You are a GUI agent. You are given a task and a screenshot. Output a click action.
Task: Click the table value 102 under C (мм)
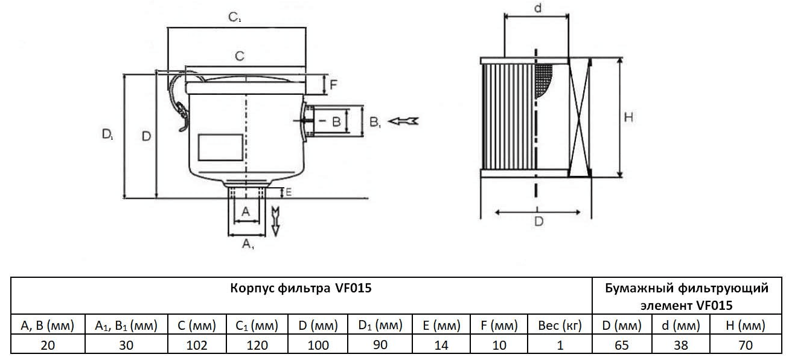click(197, 346)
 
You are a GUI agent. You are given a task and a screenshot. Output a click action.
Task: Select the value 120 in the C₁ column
click(257, 346)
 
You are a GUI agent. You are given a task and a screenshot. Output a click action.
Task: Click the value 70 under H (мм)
click(746, 346)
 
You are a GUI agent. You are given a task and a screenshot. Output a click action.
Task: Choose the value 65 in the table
click(622, 346)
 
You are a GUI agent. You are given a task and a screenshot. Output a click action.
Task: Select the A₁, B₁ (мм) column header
click(126, 326)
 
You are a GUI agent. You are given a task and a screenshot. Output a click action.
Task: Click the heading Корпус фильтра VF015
click(301, 289)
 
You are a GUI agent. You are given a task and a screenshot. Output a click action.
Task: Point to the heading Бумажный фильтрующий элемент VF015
click(687, 297)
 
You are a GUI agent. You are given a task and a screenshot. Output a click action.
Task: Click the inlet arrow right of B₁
click(403, 121)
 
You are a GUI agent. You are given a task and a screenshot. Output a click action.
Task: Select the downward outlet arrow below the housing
click(276, 220)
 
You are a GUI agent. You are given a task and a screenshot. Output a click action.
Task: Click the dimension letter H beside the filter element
click(628, 118)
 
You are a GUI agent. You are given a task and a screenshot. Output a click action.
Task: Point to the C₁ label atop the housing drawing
click(235, 18)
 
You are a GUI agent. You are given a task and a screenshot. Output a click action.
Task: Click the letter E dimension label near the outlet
click(289, 193)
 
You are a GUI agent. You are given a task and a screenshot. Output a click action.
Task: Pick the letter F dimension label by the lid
click(333, 85)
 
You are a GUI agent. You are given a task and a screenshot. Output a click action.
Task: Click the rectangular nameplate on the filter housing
click(221, 147)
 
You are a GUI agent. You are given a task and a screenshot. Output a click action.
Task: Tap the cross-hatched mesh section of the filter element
click(545, 79)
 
